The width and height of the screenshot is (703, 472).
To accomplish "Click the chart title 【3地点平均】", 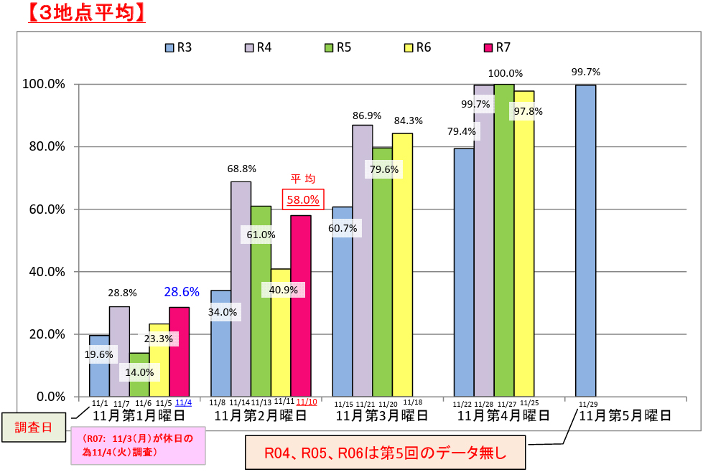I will [85, 12].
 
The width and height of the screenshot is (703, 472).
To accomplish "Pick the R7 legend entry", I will [498, 47].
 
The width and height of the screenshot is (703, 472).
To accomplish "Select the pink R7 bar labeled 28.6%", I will [179, 351].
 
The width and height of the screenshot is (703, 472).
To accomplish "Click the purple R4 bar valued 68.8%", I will [241, 287].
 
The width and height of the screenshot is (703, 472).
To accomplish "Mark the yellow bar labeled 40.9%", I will [281, 337].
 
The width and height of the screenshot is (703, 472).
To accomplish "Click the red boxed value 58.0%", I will [303, 199].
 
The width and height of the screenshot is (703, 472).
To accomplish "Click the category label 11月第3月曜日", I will [382, 415].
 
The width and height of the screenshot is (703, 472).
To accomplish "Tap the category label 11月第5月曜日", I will [625, 415].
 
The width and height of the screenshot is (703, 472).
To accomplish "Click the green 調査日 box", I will [35, 428].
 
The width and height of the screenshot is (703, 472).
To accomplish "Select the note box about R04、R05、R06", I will [386, 452].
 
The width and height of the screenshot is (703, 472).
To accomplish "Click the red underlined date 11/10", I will [307, 402].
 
